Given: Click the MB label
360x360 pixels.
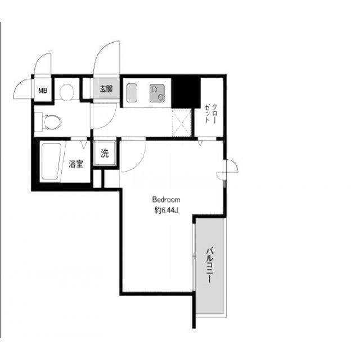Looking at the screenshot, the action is pos(43,91).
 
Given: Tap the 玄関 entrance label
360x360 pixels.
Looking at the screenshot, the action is pos(106,89).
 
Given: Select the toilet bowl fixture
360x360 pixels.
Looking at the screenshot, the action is pos(52,122).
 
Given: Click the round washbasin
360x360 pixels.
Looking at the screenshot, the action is pos(67,92).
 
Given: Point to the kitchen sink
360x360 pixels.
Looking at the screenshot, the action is pos(132,93).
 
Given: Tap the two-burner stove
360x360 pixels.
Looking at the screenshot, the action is pos(157,93).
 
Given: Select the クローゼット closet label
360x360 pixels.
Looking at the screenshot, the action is pos(211,114).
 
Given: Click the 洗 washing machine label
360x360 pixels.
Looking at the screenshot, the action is pos(105,154).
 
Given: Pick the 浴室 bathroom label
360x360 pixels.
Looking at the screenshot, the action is pos(76,164).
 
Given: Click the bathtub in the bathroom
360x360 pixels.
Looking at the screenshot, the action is pos(51,161).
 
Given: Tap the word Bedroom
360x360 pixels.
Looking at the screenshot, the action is pos(166,200).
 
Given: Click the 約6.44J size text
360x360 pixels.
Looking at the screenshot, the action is pos(166,210).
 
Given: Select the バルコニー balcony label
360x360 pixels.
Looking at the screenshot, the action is pos(210,265).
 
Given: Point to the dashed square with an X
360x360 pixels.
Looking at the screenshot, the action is pos(182,123).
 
